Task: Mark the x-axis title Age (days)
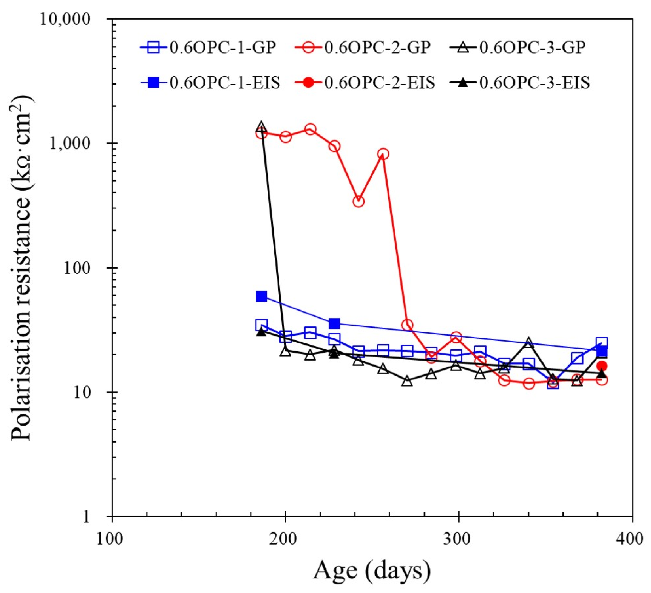(x=372, y=571)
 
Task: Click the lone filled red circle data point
(x=602, y=366)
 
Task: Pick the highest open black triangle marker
(x=261, y=126)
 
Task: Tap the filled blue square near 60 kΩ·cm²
(x=261, y=296)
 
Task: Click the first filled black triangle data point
(x=261, y=332)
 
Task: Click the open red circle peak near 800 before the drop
(x=383, y=154)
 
